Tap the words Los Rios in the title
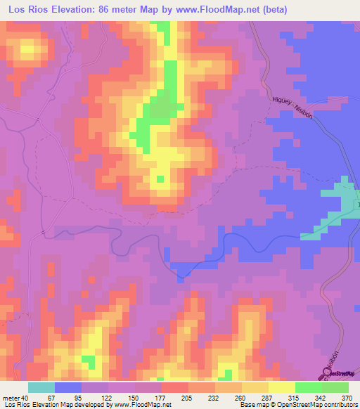(26, 10)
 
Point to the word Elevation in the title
(78, 10)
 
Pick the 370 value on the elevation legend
(347, 398)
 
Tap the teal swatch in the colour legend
(41, 387)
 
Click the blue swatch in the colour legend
(68, 387)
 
